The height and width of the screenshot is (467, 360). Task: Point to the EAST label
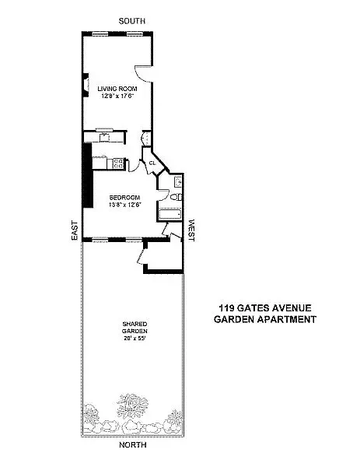coord(75,230)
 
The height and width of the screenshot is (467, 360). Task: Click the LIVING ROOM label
coord(117,89)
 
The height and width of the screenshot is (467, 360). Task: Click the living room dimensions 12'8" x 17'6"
coord(117,97)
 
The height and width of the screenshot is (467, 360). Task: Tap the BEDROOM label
coord(124,199)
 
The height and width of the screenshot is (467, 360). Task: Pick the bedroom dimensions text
coord(124,206)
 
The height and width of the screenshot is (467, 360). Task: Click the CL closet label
coord(152,163)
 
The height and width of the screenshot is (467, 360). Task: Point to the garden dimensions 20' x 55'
coord(134,339)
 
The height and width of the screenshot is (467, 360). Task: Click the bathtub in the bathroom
coord(170,212)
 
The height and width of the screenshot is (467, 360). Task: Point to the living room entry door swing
coord(142,72)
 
